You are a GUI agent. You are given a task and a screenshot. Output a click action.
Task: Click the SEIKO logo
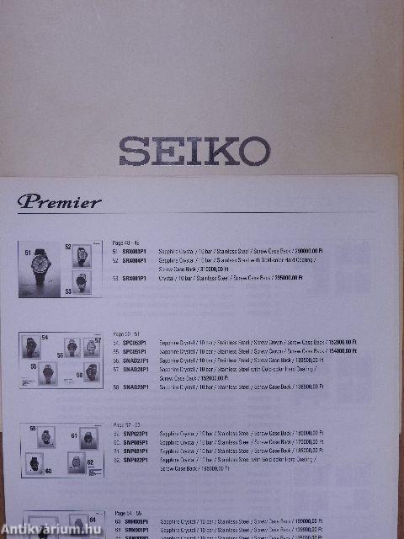click(194, 152)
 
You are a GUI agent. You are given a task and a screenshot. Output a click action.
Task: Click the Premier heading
click(59, 201)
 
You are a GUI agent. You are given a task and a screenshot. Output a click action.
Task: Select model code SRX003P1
click(135, 252)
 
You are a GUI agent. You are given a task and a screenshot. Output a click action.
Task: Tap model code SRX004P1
click(135, 260)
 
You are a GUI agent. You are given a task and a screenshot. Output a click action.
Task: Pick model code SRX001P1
click(135, 278)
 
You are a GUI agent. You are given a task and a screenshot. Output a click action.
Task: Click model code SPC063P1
click(135, 344)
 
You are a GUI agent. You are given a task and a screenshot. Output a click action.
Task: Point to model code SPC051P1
click(135, 352)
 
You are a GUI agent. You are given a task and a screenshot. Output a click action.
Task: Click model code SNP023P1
click(136, 434)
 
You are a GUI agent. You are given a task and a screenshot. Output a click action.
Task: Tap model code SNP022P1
click(136, 460)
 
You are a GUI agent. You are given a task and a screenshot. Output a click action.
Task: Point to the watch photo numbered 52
click(82, 255)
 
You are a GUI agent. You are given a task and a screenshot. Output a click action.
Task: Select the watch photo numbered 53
click(82, 283)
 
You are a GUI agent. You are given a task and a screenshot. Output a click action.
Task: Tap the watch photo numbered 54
click(30, 346)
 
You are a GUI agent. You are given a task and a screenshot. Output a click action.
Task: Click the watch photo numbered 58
click(91, 371)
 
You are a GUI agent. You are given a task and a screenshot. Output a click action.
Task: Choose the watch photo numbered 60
click(35, 463)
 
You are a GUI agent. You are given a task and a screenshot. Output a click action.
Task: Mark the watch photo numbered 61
click(88, 438)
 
